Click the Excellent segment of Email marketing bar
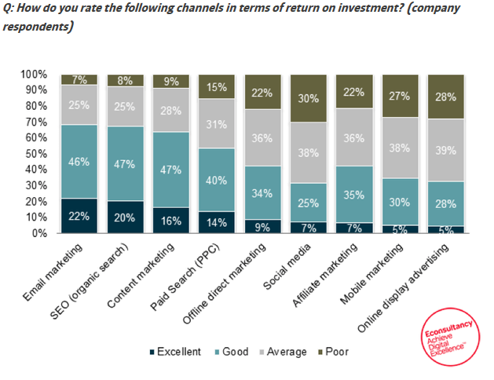pos(79,216)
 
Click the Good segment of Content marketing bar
pos(171,170)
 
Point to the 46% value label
pos(79,161)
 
